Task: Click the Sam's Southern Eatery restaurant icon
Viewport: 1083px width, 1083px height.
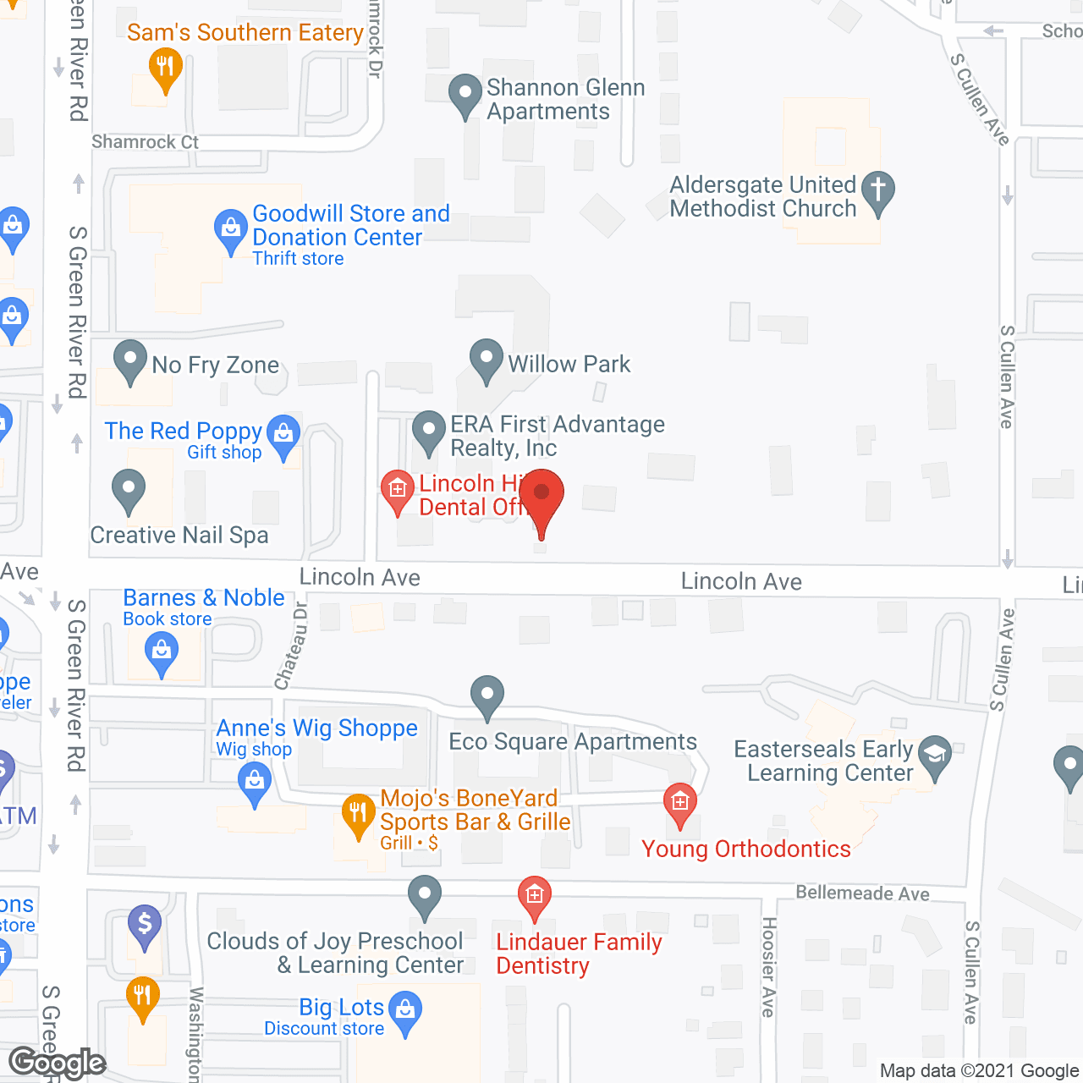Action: tap(165, 66)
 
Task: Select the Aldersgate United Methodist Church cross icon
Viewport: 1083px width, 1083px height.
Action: tap(878, 190)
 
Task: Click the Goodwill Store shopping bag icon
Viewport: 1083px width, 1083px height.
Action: tap(230, 228)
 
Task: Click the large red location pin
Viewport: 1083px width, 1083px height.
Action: tap(541, 496)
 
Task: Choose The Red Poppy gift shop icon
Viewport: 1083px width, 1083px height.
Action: tap(283, 434)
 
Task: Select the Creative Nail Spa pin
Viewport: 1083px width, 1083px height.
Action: tap(129, 489)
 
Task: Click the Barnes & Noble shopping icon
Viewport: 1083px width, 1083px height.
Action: tap(161, 652)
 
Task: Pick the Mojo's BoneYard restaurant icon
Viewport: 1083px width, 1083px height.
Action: tap(358, 813)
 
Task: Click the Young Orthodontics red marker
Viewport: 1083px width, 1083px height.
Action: tap(680, 800)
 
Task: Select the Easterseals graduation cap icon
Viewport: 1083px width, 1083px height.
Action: tap(935, 752)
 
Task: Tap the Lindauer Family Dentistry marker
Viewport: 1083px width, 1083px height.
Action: tap(534, 894)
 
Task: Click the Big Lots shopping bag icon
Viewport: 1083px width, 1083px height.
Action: tap(406, 1010)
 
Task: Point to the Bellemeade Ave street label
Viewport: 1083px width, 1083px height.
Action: tap(862, 893)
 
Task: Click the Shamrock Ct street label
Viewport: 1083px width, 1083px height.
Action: tap(145, 142)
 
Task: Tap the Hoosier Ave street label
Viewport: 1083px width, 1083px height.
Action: tap(768, 966)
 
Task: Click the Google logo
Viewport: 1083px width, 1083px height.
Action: tap(58, 1063)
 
